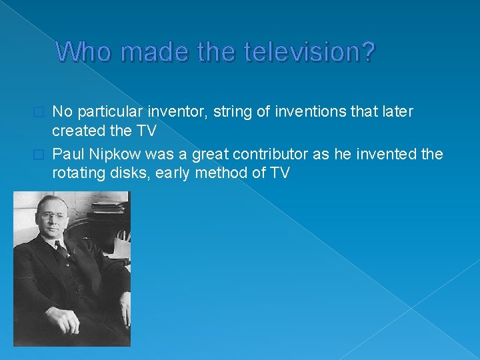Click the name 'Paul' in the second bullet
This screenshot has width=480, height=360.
pos(70,155)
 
